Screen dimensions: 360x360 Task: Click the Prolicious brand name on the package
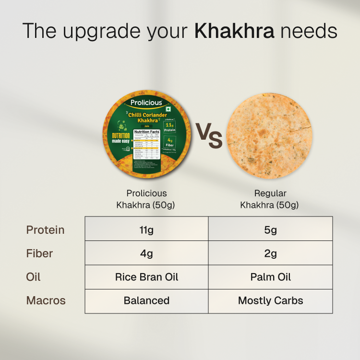pyautogui.click(x=146, y=103)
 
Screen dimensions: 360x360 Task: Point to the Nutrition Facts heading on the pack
pyautogui.click(x=146, y=132)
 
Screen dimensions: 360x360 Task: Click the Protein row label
pyautogui.click(x=45, y=229)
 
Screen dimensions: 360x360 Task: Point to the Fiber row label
pyautogui.click(x=39, y=253)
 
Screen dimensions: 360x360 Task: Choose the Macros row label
pyautogui.click(x=46, y=301)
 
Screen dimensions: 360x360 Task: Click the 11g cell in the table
pyautogui.click(x=146, y=229)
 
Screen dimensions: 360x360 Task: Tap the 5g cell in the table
pyautogui.click(x=270, y=229)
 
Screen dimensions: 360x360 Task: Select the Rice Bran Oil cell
pyautogui.click(x=146, y=277)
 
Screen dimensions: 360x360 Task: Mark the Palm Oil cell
pyautogui.click(x=270, y=277)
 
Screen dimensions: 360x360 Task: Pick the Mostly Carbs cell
pyautogui.click(x=270, y=301)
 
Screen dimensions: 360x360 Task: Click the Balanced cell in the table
pyautogui.click(x=146, y=301)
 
